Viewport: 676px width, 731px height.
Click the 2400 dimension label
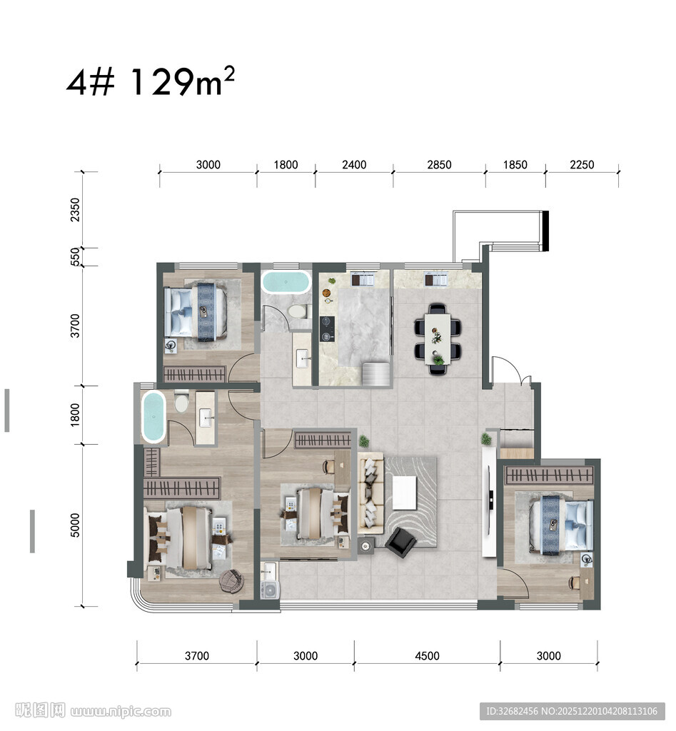pos(354,165)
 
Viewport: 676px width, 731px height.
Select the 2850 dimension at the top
pos(439,165)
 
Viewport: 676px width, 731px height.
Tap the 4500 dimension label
pos(427,656)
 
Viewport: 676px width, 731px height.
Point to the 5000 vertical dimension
pos(75,525)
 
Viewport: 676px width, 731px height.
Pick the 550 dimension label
pos(75,257)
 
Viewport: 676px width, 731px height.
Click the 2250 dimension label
pos(582,165)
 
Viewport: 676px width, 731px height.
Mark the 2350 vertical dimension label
pos(75,210)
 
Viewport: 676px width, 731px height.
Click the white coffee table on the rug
pos(404,493)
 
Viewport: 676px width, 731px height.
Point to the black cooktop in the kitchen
pos(327,329)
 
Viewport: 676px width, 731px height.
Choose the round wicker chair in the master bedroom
pos(232,582)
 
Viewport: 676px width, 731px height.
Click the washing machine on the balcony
pos(271,590)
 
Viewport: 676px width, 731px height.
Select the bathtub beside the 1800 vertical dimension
pos(153,417)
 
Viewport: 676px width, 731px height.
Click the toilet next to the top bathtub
pos(297,311)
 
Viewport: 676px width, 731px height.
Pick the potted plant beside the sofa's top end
pos(363,441)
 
